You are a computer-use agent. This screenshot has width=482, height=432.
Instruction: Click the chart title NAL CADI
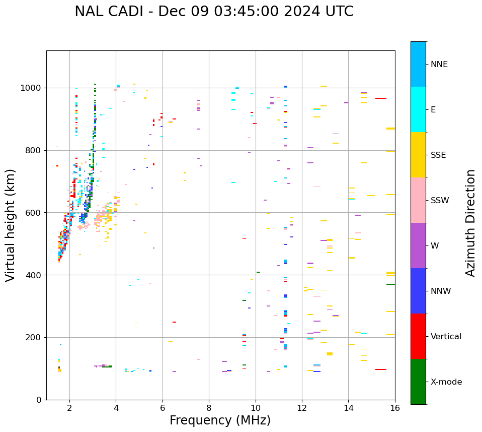(214, 12)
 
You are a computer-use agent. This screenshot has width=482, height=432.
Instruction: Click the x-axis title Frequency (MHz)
(220, 420)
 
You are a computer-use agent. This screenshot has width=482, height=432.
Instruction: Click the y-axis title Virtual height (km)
(11, 225)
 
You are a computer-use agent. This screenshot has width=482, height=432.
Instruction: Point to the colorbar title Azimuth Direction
(470, 223)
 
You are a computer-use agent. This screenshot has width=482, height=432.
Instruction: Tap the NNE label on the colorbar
(439, 65)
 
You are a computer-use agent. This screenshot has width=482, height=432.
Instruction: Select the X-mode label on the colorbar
(446, 382)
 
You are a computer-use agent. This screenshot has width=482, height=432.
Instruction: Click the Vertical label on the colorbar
(446, 337)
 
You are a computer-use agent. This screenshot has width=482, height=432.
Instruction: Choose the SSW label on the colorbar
(440, 201)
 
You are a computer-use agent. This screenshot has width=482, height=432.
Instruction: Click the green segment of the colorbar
(418, 382)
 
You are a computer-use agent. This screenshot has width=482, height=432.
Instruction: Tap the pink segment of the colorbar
(418, 200)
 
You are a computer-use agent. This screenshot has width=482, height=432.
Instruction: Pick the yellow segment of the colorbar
(418, 155)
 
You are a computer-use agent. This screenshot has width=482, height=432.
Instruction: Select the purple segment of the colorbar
(418, 245)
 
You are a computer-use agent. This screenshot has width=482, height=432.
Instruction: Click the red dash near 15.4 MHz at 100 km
(381, 369)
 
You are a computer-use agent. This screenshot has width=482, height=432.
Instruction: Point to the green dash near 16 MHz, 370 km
(391, 284)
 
